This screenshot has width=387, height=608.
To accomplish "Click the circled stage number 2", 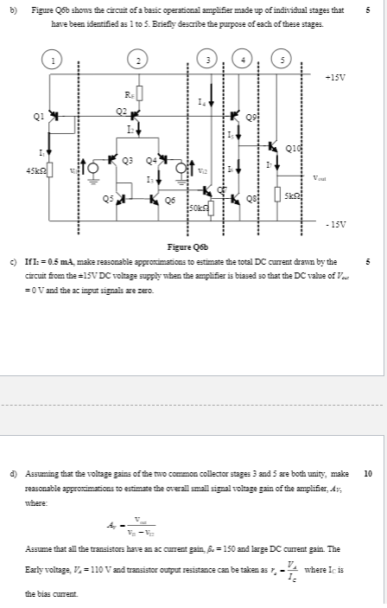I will coord(136,61).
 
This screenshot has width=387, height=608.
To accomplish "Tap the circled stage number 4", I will coord(246,60).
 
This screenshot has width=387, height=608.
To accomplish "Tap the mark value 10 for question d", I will coord(369,474).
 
